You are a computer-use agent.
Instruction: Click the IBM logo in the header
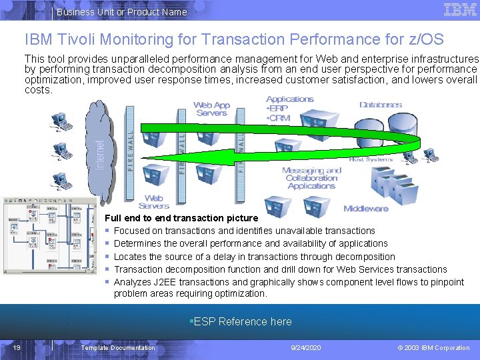click(460, 10)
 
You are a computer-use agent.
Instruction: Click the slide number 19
click(17, 347)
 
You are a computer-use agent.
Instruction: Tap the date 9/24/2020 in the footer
click(306, 348)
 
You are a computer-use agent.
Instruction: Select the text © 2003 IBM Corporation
click(433, 348)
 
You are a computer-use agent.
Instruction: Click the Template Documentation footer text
click(118, 348)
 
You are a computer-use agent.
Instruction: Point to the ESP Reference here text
click(241, 322)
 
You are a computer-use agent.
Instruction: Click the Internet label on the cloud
click(100, 153)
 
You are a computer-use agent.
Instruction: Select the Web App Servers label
click(212, 109)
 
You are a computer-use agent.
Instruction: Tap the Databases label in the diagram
click(381, 105)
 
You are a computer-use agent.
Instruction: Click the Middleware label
click(366, 209)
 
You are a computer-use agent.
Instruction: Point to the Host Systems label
click(371, 160)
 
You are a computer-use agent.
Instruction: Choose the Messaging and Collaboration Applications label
click(311, 178)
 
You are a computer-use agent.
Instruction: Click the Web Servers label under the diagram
click(154, 202)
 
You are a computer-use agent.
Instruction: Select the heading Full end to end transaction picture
click(181, 218)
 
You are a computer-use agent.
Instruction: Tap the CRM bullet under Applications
click(280, 119)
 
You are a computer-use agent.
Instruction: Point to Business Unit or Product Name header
click(122, 12)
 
